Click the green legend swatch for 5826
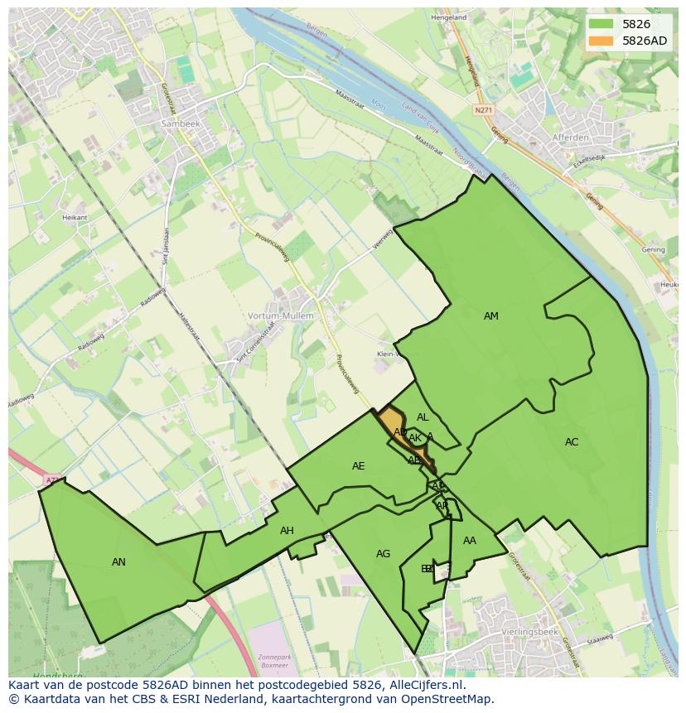click(601, 24)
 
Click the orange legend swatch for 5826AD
click(601, 41)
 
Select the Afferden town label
click(570, 137)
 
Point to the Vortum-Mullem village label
click(281, 316)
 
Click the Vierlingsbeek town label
click(533, 631)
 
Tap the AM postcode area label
click(491, 316)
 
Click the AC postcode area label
click(572, 441)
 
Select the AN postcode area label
click(118, 561)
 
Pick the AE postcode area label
click(358, 465)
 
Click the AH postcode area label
click(287, 530)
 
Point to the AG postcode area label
click(383, 553)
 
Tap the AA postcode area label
click(470, 540)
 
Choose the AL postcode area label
click(423, 417)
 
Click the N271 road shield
click(483, 109)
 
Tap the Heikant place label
click(74, 217)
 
